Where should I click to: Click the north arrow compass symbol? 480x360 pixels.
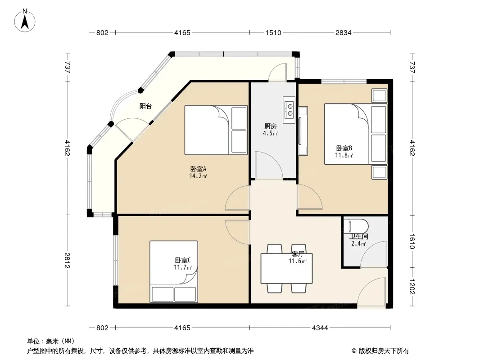point(25,21)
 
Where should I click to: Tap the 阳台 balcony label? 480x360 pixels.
point(145,106)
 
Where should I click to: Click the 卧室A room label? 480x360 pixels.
point(198,169)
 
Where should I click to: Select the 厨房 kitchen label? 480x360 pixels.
point(270,126)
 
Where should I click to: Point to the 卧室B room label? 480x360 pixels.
point(344,148)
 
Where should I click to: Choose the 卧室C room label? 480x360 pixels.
point(183,260)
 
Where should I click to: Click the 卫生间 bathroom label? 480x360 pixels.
point(359,236)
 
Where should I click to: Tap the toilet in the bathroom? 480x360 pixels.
point(356,226)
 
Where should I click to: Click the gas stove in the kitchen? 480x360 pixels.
point(289,110)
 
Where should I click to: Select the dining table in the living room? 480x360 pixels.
point(286,268)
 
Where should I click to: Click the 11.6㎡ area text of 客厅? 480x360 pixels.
point(298,261)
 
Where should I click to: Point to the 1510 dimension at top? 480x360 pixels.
point(273,32)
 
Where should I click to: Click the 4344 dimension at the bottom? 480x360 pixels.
point(320,328)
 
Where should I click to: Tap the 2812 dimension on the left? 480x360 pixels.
point(68,260)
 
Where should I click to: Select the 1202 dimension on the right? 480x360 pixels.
point(412,287)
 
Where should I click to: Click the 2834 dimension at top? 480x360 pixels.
point(343,32)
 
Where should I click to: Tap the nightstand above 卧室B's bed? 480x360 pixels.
point(379,95)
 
